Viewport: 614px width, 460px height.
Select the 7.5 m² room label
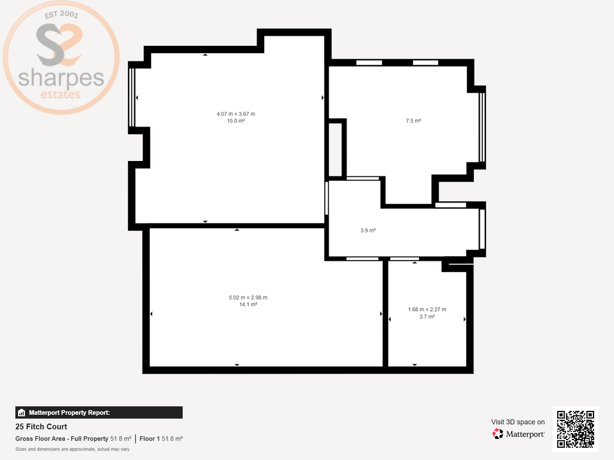413,121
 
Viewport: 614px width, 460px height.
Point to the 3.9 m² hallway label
368,231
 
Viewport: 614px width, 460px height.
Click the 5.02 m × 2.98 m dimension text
248,298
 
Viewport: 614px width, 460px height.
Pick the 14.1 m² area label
248,305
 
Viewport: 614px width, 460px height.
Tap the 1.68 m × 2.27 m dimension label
427,310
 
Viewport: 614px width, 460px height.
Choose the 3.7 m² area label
427,317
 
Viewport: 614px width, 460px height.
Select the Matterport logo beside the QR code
519,434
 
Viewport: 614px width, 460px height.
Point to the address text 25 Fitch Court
41,427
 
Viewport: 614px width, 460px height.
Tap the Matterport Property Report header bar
99,413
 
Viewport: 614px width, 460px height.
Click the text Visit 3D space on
518,422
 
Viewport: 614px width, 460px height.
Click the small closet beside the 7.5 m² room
335,148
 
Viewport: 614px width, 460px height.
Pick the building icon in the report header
22,413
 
